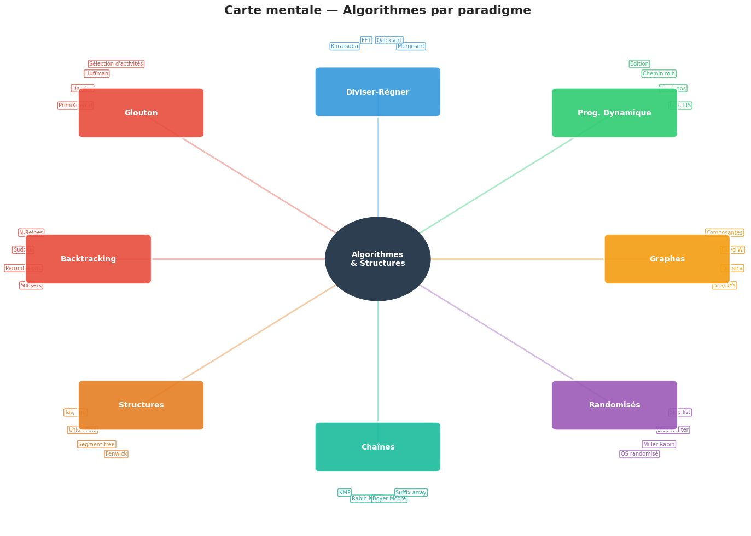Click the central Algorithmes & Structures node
(377, 259)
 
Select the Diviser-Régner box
(377, 92)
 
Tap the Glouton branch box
(141, 113)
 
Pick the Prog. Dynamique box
(614, 113)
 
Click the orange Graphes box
(667, 259)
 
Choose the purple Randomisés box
(614, 405)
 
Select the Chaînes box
(377, 447)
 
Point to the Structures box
(141, 405)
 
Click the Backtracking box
(89, 259)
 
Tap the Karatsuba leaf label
(345, 46)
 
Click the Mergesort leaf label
(411, 46)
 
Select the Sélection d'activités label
(116, 64)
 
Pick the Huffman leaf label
(97, 74)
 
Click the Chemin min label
(659, 74)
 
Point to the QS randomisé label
(639, 454)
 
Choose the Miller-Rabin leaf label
(659, 444)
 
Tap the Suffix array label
(411, 493)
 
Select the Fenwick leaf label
(116, 454)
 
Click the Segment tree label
(97, 444)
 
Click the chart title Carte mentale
(377, 10)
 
